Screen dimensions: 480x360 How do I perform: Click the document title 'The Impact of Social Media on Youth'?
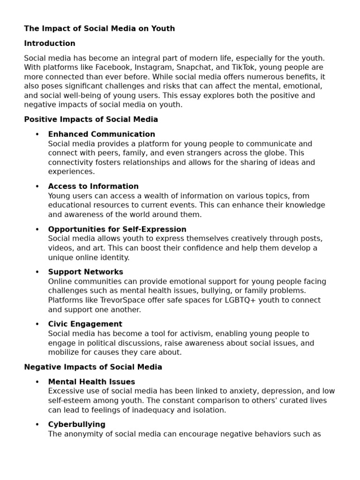(99, 29)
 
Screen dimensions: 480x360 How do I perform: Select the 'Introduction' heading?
(50, 44)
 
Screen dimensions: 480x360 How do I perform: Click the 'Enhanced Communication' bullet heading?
(101, 135)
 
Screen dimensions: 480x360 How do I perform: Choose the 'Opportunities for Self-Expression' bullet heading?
(117, 229)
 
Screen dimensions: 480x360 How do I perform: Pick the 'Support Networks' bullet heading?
(85, 272)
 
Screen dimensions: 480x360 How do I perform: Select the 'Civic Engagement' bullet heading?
(85, 324)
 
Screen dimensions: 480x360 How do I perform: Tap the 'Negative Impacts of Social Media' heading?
(93, 367)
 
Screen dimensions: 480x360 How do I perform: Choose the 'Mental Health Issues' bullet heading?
(91, 382)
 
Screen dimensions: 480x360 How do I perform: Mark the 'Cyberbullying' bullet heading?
(76, 425)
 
